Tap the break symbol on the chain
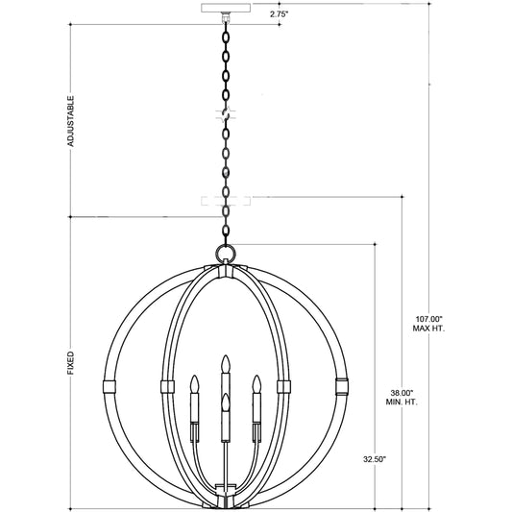[227, 113]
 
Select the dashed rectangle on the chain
[226, 201]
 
